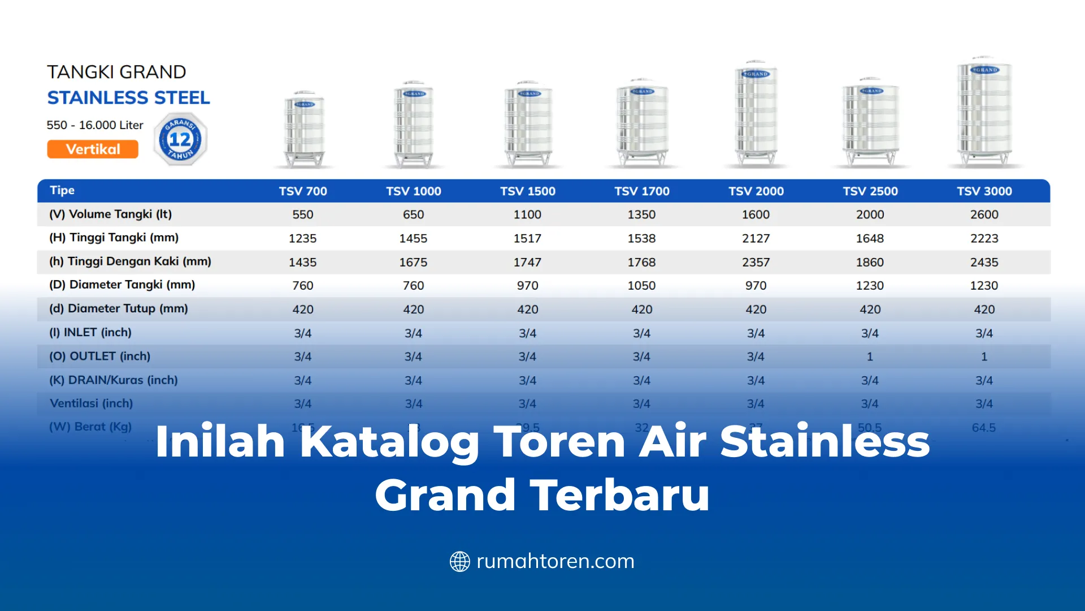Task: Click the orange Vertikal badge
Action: [x=93, y=149]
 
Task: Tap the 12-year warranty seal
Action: [x=180, y=139]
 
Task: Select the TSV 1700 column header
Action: [x=642, y=191]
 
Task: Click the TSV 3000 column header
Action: [x=984, y=191]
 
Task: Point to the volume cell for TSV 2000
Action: [x=756, y=215]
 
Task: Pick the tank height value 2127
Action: [x=756, y=239]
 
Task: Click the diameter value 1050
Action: [x=641, y=286]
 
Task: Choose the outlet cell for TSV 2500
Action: [x=870, y=357]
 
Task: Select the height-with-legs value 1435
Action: [x=302, y=263]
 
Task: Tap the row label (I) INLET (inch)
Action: [x=90, y=333]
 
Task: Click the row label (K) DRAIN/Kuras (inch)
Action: [x=114, y=380]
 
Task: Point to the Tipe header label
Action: [x=62, y=191]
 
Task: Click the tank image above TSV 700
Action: [x=305, y=130]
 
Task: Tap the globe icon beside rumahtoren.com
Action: [x=459, y=562]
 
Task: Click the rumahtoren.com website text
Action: [x=555, y=561]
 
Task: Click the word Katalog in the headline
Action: [x=389, y=442]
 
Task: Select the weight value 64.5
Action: [x=984, y=428]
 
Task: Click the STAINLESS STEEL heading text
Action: [x=128, y=98]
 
